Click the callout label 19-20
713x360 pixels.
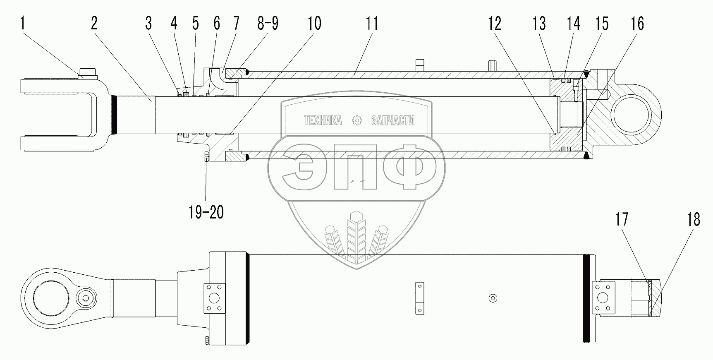click(206, 212)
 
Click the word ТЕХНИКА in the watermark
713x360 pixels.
click(323, 120)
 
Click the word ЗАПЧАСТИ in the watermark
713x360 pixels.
click(392, 120)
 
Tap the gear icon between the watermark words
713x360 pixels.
click(356, 120)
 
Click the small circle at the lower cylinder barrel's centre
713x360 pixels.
click(492, 298)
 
